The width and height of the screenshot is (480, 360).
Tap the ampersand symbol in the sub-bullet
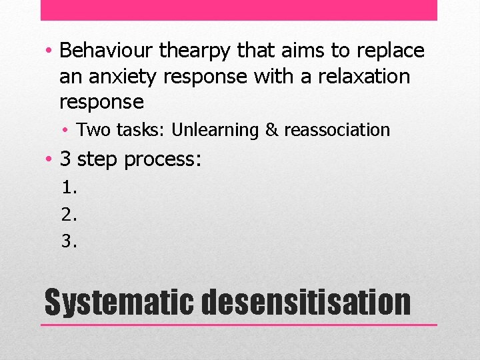pos(271,130)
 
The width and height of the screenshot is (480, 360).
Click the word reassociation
pos(337,130)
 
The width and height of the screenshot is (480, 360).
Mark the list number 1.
pos(69,187)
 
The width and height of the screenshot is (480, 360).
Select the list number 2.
pos(69,214)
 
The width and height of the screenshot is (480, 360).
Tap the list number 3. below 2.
pos(69,241)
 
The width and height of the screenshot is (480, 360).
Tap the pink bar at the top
pos(239,10)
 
